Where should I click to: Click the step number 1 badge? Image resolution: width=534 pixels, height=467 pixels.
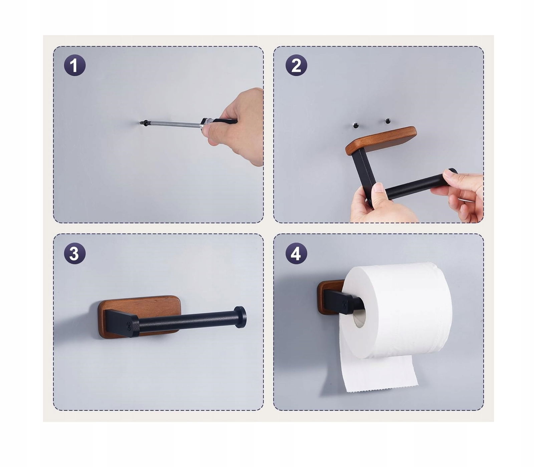[75, 65]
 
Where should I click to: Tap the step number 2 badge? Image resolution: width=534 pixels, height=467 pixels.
[296, 65]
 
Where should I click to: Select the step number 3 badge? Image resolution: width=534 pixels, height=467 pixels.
[75, 253]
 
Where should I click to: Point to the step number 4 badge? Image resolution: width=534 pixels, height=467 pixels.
[296, 253]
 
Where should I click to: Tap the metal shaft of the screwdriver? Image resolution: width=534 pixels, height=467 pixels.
[174, 124]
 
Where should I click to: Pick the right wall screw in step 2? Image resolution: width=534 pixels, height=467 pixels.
[387, 121]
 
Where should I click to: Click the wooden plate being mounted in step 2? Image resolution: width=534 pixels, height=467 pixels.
[381, 140]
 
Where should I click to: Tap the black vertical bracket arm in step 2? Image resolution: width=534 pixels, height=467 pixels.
[364, 175]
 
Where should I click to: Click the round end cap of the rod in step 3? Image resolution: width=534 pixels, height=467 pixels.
[240, 317]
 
